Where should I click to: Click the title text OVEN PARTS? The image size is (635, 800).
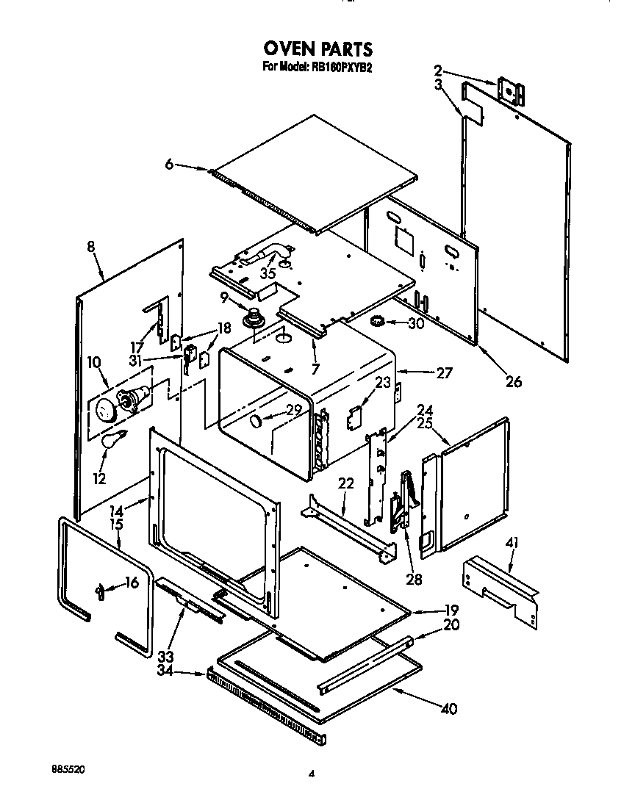click(x=317, y=49)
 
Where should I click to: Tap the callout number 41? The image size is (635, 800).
click(x=512, y=543)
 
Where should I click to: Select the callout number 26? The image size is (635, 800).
click(x=513, y=381)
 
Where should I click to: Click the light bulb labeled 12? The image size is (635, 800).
click(x=114, y=442)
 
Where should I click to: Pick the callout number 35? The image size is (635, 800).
click(x=268, y=273)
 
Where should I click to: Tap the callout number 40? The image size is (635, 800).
click(x=448, y=709)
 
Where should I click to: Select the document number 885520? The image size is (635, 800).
click(x=68, y=768)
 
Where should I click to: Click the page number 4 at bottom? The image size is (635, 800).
click(x=312, y=772)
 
